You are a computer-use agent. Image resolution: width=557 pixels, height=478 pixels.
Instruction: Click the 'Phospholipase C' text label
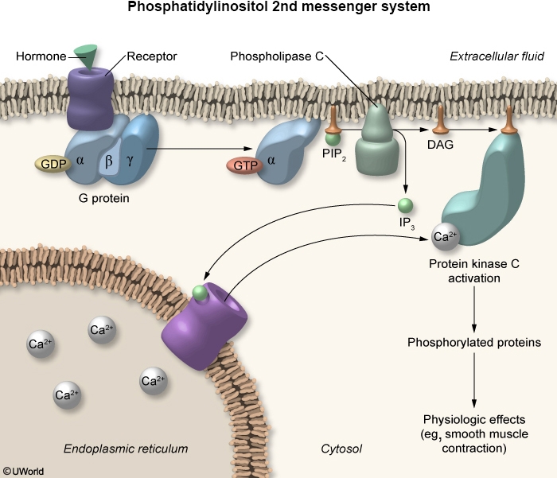(x=275, y=56)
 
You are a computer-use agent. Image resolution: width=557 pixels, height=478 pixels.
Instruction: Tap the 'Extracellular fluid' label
(x=497, y=56)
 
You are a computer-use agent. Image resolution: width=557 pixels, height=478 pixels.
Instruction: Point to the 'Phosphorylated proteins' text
(x=474, y=343)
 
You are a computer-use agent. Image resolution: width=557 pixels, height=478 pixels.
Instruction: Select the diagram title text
(x=278, y=10)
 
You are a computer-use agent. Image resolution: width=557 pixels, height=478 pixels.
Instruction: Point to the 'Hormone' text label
(x=41, y=56)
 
